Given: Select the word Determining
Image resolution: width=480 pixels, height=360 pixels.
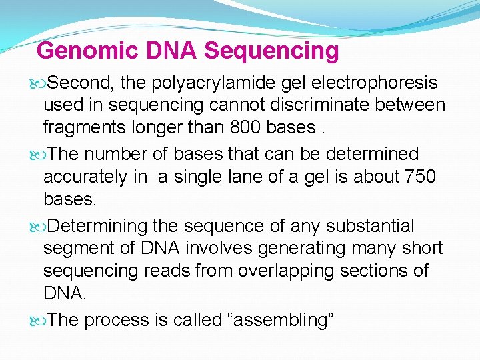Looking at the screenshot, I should click(x=99, y=227).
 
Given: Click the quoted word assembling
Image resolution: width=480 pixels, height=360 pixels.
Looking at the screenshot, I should click(x=281, y=320).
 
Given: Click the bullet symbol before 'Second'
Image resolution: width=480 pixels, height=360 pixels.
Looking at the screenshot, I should click(x=38, y=83).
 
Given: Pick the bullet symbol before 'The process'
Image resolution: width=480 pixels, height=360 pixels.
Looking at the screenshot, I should click(x=38, y=321).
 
